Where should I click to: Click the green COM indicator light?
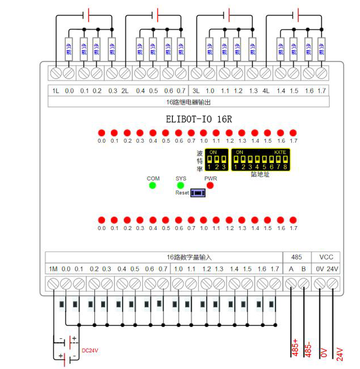point(153,185)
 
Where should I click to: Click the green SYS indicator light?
point(181,185)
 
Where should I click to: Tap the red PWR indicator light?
point(210,185)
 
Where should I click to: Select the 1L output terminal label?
point(56,91)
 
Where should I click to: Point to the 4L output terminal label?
point(266,91)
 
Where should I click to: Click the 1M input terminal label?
point(53,269)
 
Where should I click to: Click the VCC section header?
point(326,257)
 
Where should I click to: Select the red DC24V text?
point(89,351)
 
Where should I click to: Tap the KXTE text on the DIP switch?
point(280,152)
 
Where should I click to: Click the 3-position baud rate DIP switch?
point(218,160)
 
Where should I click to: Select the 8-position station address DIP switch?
point(259,160)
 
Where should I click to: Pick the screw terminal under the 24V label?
point(332,283)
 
